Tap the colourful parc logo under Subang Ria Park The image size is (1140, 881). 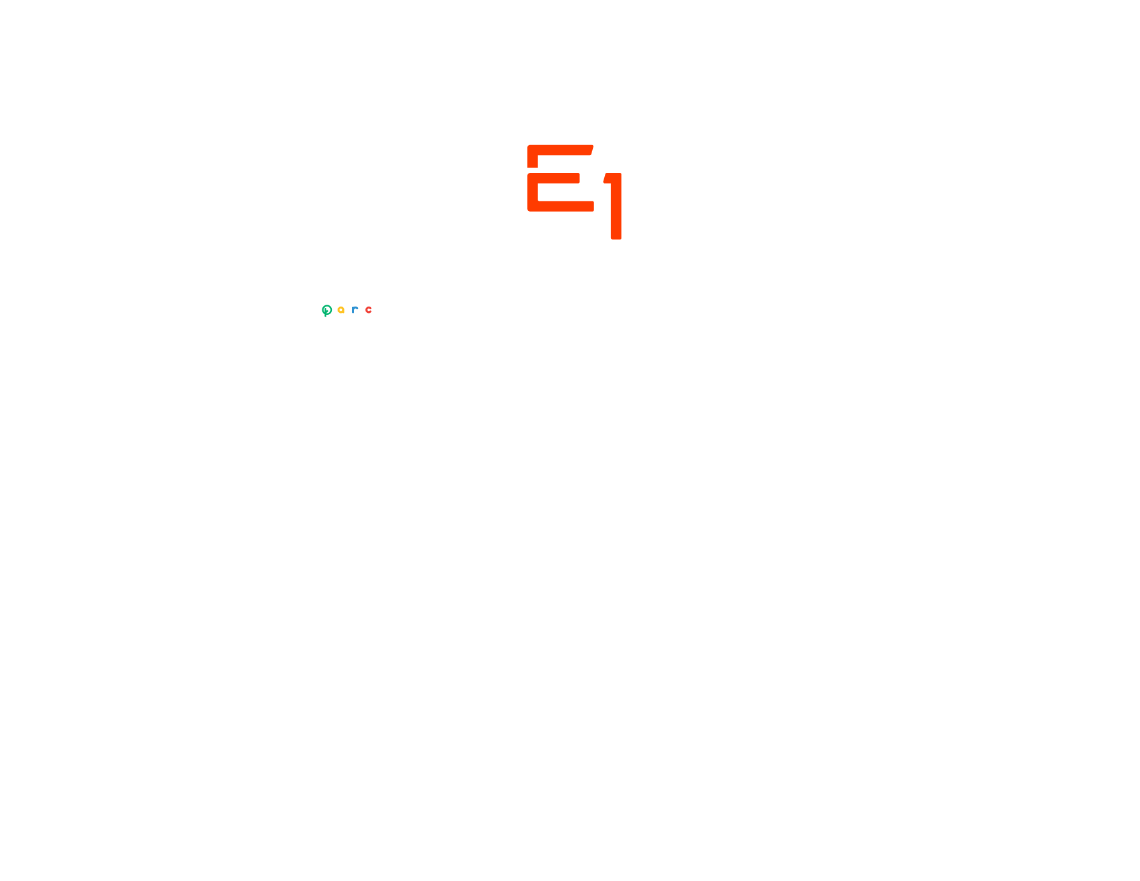coord(348,310)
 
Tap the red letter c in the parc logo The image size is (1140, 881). coord(369,310)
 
